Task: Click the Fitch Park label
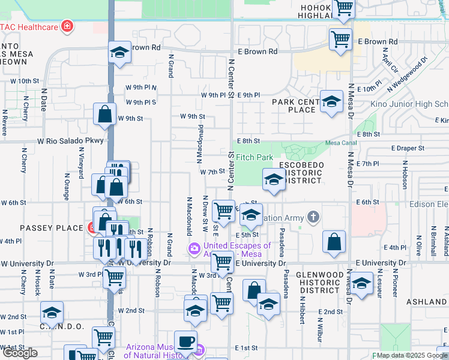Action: pyautogui.click(x=254, y=157)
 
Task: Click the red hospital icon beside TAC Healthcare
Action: pyautogui.click(x=67, y=26)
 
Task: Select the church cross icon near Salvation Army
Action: pyautogui.click(x=312, y=216)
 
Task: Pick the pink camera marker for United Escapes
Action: pyautogui.click(x=194, y=249)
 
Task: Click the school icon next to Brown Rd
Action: pyautogui.click(x=119, y=52)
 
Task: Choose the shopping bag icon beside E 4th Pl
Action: pyautogui.click(x=334, y=241)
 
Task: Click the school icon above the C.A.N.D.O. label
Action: pyautogui.click(x=52, y=312)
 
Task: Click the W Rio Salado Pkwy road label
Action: pyautogui.click(x=71, y=140)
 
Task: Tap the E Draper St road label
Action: pyautogui.click(x=408, y=148)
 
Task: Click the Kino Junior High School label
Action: pyautogui.click(x=414, y=104)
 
